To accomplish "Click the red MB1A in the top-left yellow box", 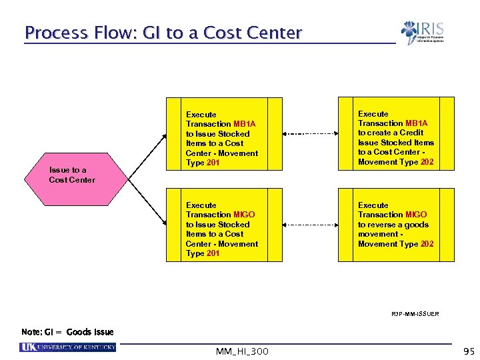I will [244, 124].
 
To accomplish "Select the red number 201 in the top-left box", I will [213, 163].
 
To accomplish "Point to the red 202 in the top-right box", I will [426, 162].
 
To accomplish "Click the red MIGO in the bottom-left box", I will [244, 215].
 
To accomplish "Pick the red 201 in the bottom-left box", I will [213, 253].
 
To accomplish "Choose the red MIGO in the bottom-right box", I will [416, 215].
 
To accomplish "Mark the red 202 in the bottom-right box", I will [426, 244].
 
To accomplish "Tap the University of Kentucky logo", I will [68, 347].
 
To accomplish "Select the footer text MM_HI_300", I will [242, 351].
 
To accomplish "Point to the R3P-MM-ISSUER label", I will [415, 313].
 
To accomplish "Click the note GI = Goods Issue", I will [67, 332].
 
